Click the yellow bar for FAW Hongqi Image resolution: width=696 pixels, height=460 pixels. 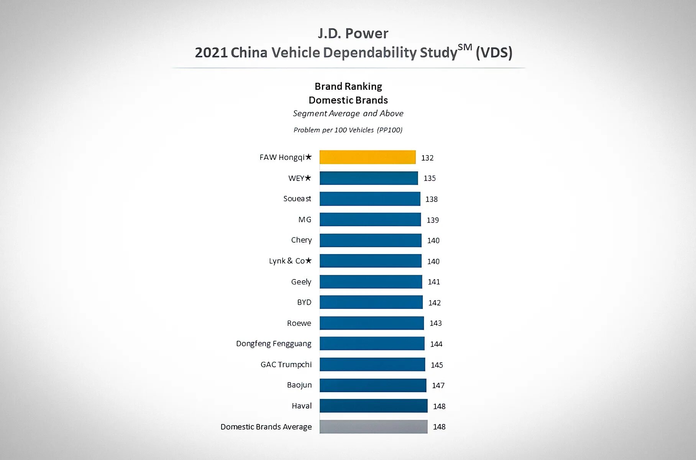(x=368, y=157)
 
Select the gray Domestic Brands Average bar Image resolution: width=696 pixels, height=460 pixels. (x=373, y=427)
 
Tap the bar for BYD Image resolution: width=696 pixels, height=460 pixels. (x=371, y=302)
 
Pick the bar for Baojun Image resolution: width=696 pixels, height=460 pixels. (x=373, y=385)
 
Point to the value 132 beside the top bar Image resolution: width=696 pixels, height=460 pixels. (x=427, y=158)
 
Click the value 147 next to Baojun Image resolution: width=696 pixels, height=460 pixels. (x=438, y=386)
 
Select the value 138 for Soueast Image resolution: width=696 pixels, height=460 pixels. (x=431, y=199)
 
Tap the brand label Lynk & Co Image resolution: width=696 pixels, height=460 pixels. (x=287, y=261)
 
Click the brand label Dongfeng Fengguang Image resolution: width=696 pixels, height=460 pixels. (x=274, y=344)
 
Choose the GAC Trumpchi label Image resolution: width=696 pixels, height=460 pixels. (x=286, y=365)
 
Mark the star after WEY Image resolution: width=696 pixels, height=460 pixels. (x=308, y=178)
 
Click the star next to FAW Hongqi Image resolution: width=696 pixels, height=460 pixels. (x=309, y=157)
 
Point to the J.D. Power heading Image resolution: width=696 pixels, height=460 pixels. (x=353, y=34)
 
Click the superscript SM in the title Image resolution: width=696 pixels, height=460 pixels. (x=465, y=48)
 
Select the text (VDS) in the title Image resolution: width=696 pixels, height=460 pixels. (x=494, y=53)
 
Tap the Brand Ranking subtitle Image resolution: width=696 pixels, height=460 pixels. (x=348, y=87)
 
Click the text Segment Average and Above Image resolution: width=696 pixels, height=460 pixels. (x=348, y=113)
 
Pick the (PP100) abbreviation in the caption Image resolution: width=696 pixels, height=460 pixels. (x=389, y=130)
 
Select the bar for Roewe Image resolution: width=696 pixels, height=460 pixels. (x=372, y=323)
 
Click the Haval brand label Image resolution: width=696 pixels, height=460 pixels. (x=302, y=406)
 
